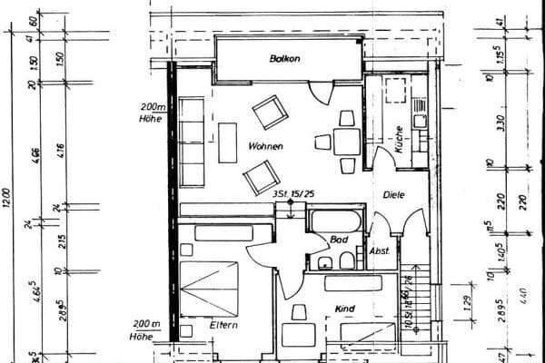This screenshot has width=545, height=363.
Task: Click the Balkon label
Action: [283, 59]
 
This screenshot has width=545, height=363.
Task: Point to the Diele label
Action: [392, 194]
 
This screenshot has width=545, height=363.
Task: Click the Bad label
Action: [339, 240]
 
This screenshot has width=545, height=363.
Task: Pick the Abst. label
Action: [380, 250]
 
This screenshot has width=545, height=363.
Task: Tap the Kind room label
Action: [344, 309]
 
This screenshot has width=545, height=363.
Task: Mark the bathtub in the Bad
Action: [336, 221]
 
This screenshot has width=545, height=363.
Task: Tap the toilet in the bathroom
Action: [346, 262]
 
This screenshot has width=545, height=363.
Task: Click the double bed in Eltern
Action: [209, 289]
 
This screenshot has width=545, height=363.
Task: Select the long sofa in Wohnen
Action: [192, 142]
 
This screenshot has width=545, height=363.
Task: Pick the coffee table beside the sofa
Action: [227, 142]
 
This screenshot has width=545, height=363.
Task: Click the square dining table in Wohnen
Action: [345, 142]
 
